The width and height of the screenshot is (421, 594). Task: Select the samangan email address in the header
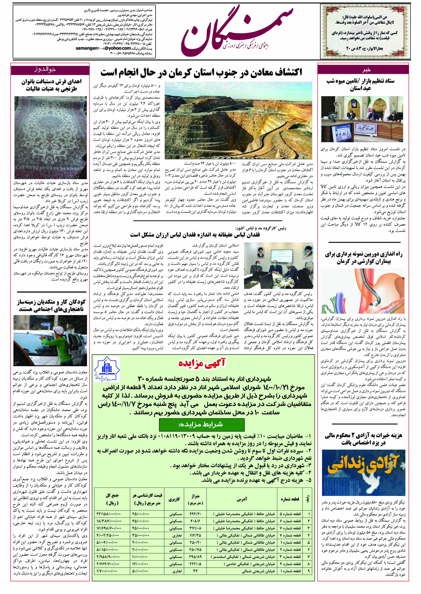(103, 48)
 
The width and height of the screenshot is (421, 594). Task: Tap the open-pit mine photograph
(238, 120)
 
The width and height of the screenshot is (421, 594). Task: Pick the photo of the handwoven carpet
(51, 137)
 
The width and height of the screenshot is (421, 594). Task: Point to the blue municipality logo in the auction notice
(107, 369)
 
